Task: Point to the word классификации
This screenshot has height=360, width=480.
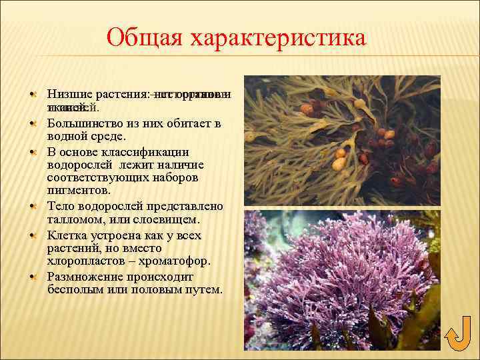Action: (x=147, y=151)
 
